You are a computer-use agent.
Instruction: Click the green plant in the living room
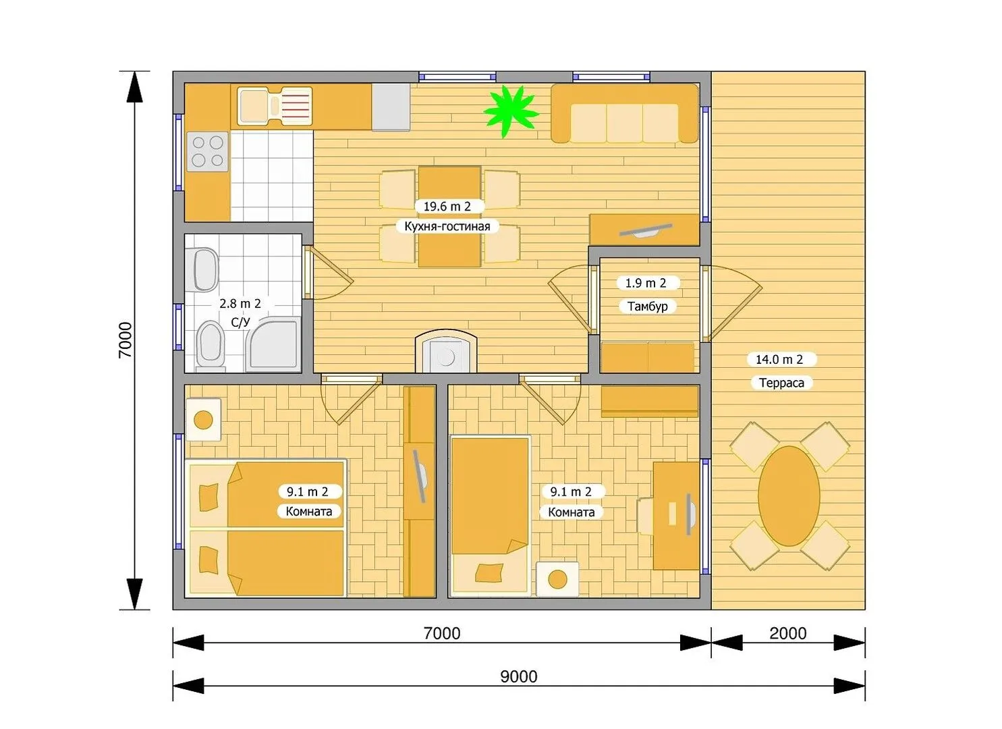[511, 112]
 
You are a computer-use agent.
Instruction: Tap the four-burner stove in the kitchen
[208, 151]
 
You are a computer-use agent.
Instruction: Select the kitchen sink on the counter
[275, 106]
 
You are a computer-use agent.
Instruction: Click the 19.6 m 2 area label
[447, 207]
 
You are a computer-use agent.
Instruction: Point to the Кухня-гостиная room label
[447, 226]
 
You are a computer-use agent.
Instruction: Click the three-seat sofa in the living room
[624, 113]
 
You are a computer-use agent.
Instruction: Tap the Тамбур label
[647, 306]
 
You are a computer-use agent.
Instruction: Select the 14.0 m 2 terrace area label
[779, 359]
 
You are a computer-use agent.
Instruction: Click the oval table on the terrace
[789, 495]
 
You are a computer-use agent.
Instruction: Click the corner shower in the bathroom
[273, 344]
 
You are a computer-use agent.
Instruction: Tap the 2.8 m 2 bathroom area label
[240, 304]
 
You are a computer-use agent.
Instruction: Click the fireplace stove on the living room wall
[446, 352]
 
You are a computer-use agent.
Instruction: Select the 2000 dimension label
[787, 634]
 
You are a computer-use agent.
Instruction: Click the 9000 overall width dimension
[519, 676]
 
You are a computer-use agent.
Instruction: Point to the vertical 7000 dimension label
[126, 340]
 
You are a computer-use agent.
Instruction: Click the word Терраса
[781, 383]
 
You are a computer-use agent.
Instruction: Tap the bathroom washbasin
[206, 270]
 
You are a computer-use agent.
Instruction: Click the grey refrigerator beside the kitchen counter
[391, 107]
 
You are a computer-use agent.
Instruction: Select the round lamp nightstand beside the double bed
[204, 420]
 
